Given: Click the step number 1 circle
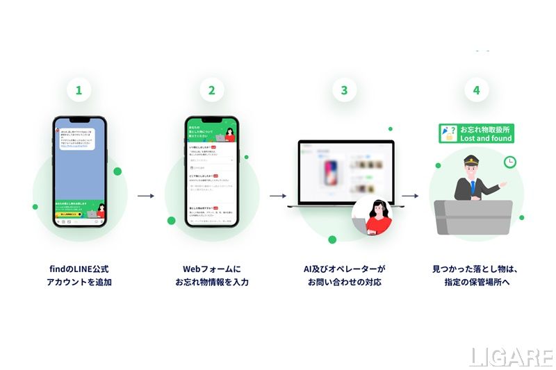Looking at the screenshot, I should (79, 90).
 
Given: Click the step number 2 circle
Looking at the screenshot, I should (211, 90).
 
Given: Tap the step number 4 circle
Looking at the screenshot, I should (476, 90).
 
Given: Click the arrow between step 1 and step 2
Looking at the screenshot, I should (145, 196).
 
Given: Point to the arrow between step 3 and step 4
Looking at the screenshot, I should (410, 196).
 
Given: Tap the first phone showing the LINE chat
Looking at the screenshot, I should (79, 171).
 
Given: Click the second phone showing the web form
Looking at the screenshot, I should (211, 171).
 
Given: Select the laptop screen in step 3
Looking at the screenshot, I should (345, 171).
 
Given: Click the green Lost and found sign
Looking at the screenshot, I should (476, 134).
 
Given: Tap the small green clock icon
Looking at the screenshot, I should (510, 162).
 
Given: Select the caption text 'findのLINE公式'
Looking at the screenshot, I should (79, 268).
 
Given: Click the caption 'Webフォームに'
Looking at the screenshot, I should (211, 268).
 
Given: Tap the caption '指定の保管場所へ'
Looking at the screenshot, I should (477, 282).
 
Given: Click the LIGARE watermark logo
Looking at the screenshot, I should (511, 357).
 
